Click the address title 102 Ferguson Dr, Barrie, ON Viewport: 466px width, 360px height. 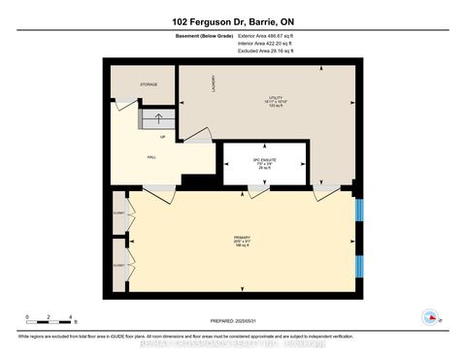[233, 20]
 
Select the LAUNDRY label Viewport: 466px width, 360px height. [213, 84]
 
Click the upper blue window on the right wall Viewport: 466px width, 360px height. [359, 212]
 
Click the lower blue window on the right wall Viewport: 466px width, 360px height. [359, 264]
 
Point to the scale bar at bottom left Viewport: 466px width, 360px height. [50, 320]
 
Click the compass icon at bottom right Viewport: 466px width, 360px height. [428, 315]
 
